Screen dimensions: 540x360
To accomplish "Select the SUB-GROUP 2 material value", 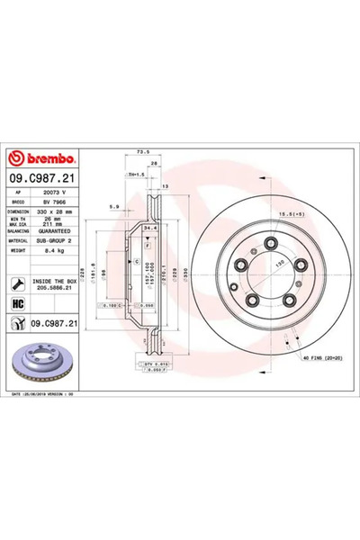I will click(x=62, y=241).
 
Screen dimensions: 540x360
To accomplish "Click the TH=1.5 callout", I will click(x=138, y=174).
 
